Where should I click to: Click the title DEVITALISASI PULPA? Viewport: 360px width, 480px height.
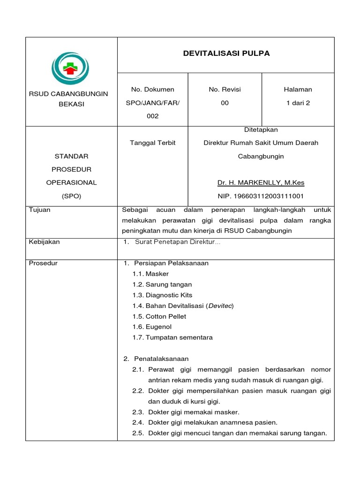(226, 53)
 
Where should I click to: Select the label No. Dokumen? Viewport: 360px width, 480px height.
(152, 89)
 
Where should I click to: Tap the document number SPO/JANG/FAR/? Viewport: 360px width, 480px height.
(152, 103)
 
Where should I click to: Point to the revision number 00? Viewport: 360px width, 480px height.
(225, 103)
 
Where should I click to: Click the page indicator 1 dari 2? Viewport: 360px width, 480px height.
(298, 103)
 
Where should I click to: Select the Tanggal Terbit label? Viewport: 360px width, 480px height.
(152, 142)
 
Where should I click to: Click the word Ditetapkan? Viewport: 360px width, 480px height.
(261, 129)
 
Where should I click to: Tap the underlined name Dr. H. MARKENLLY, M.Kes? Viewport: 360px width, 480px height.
(261, 182)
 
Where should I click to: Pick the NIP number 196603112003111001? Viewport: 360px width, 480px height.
(261, 196)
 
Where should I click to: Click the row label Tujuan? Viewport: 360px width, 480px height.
(40, 210)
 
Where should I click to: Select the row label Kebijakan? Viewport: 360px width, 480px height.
(45, 242)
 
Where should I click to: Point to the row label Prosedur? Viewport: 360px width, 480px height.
(43, 263)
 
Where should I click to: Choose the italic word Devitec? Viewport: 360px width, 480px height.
(220, 306)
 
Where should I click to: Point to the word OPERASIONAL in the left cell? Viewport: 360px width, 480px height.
(71, 182)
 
